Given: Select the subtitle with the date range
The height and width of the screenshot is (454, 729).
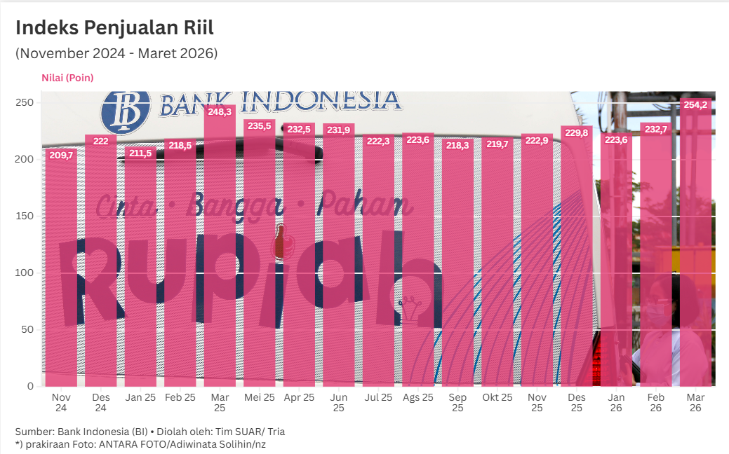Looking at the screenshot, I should [x=116, y=53].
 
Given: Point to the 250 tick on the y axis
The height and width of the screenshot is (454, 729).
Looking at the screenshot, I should [x=25, y=102].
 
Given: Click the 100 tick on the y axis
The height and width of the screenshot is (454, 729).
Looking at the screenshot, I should [x=25, y=273].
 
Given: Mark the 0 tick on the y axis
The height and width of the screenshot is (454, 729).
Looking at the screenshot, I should [x=30, y=386].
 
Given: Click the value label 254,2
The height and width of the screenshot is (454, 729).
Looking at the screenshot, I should [x=695, y=105].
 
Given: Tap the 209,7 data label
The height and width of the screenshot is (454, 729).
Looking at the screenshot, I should [x=61, y=155].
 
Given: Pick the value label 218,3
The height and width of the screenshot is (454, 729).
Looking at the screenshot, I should [x=457, y=145].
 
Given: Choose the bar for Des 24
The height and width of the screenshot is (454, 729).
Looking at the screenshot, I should [x=100, y=266].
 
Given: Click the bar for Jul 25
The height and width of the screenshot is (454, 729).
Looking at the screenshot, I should [x=378, y=266].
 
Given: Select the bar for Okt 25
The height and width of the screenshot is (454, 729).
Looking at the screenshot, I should [x=497, y=266].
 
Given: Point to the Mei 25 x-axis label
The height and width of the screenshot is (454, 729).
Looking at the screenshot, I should [x=260, y=397].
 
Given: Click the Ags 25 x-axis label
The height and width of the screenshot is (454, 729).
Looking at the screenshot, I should [x=417, y=397].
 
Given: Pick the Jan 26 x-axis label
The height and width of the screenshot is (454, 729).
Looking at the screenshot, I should [x=616, y=402].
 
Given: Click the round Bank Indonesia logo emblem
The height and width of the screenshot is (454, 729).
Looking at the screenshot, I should [x=127, y=111].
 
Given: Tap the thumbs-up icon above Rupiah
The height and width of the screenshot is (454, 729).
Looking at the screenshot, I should [x=283, y=242].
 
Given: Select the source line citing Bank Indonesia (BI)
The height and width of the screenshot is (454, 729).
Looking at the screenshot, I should [x=149, y=432].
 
